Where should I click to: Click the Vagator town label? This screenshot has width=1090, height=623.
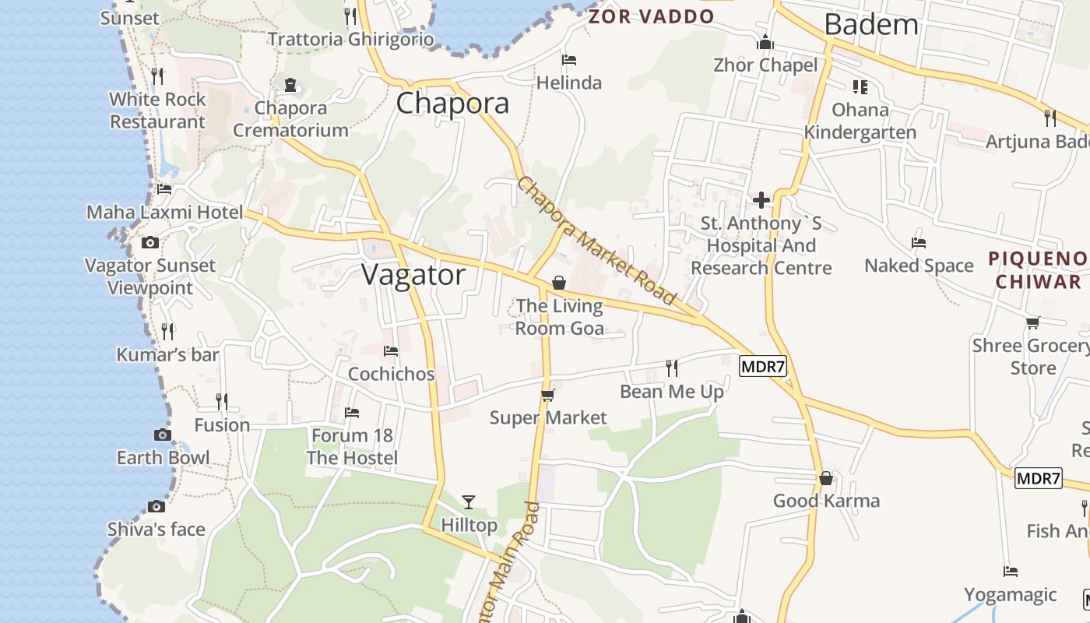(413, 275)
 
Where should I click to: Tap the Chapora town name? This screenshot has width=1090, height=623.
(452, 104)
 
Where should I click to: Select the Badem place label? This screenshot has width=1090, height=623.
(871, 25)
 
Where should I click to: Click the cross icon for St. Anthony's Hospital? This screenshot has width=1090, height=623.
(761, 201)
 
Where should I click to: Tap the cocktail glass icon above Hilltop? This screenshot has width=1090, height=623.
(469, 502)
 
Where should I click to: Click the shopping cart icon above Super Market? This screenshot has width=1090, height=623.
(547, 396)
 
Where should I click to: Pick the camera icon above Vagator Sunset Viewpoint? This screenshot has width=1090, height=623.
(150, 243)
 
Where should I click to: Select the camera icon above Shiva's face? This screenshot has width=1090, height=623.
(156, 507)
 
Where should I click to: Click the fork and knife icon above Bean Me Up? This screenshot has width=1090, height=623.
(671, 368)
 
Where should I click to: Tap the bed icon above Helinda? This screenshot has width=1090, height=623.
(569, 60)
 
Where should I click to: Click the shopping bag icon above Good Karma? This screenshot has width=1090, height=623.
(825, 478)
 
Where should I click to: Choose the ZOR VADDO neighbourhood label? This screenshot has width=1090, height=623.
(651, 16)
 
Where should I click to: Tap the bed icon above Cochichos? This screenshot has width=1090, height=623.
(391, 351)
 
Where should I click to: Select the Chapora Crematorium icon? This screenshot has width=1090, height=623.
(290, 85)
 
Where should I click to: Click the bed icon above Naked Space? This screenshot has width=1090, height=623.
(919, 243)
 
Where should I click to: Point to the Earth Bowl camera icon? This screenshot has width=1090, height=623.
(163, 435)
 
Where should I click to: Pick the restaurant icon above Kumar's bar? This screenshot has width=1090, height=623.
(167, 332)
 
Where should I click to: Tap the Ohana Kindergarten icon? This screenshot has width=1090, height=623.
(860, 86)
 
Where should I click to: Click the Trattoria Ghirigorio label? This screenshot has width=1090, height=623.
(351, 39)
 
